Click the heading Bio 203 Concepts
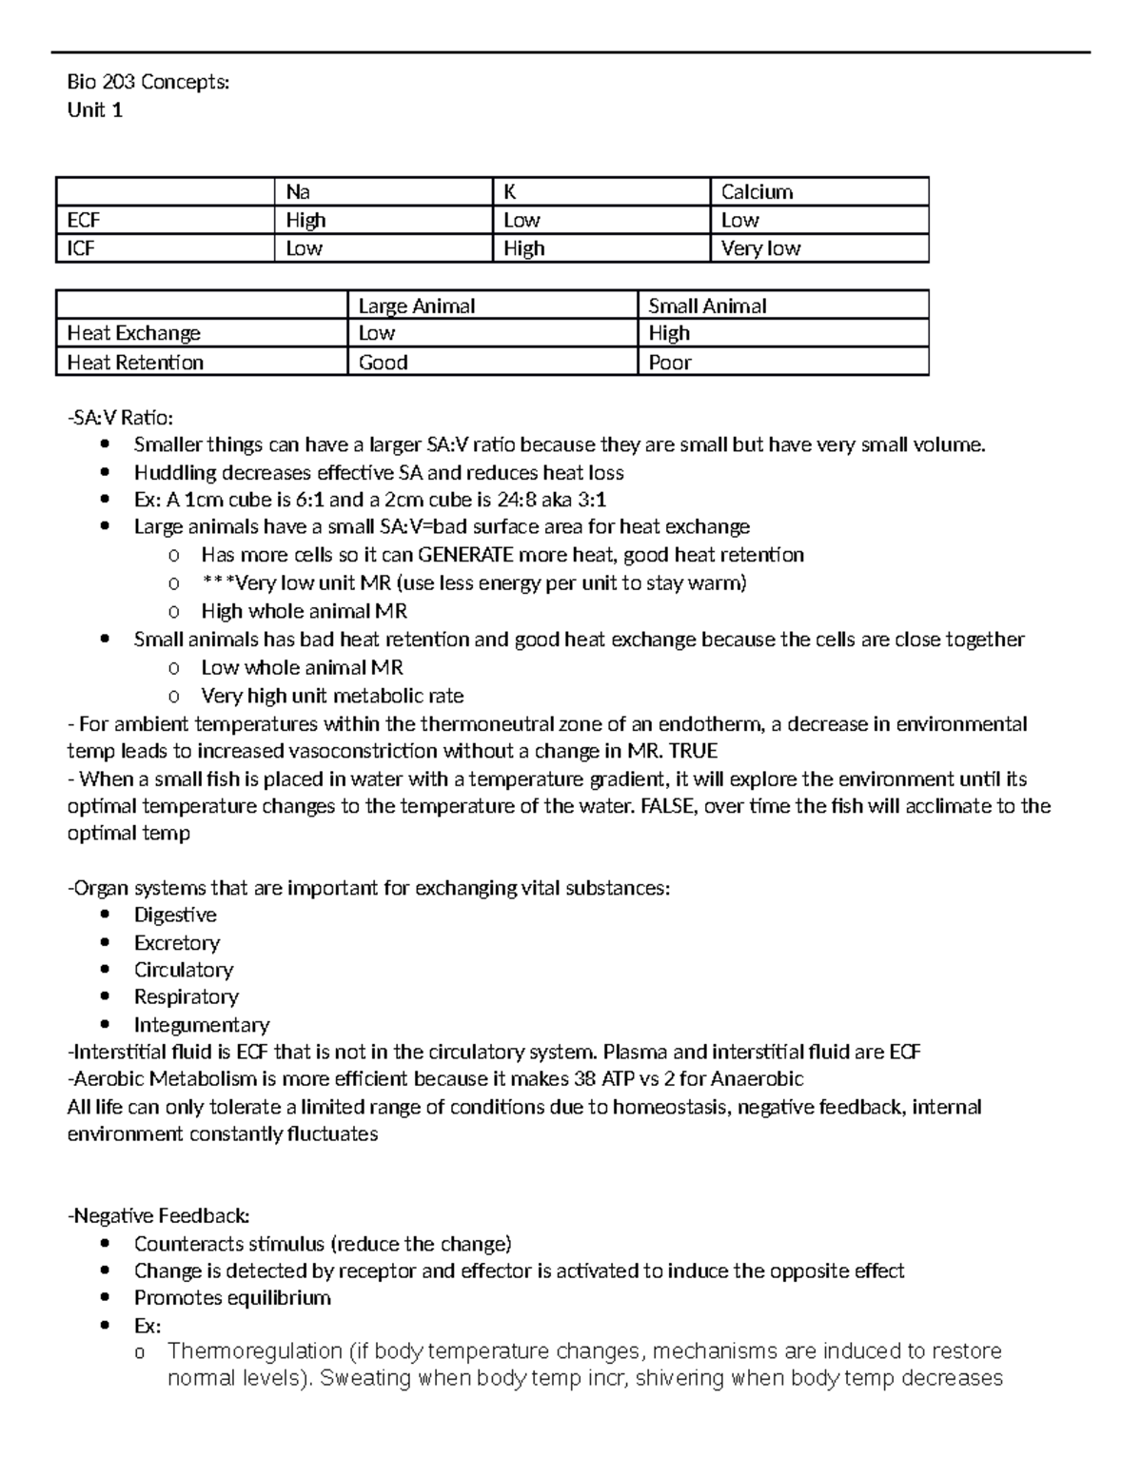click(x=148, y=83)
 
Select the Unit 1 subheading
click(x=94, y=110)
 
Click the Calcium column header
click(x=757, y=192)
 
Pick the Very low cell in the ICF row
click(x=760, y=248)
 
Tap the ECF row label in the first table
click(x=84, y=221)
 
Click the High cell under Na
click(x=305, y=221)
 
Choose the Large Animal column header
click(x=416, y=306)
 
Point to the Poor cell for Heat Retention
click(x=670, y=363)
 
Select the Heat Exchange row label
click(x=133, y=333)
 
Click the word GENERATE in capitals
click(x=466, y=555)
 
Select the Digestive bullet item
click(x=175, y=916)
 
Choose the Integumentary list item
click(x=202, y=1025)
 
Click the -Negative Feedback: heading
click(x=159, y=1216)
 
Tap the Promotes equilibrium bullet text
click(x=232, y=1298)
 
